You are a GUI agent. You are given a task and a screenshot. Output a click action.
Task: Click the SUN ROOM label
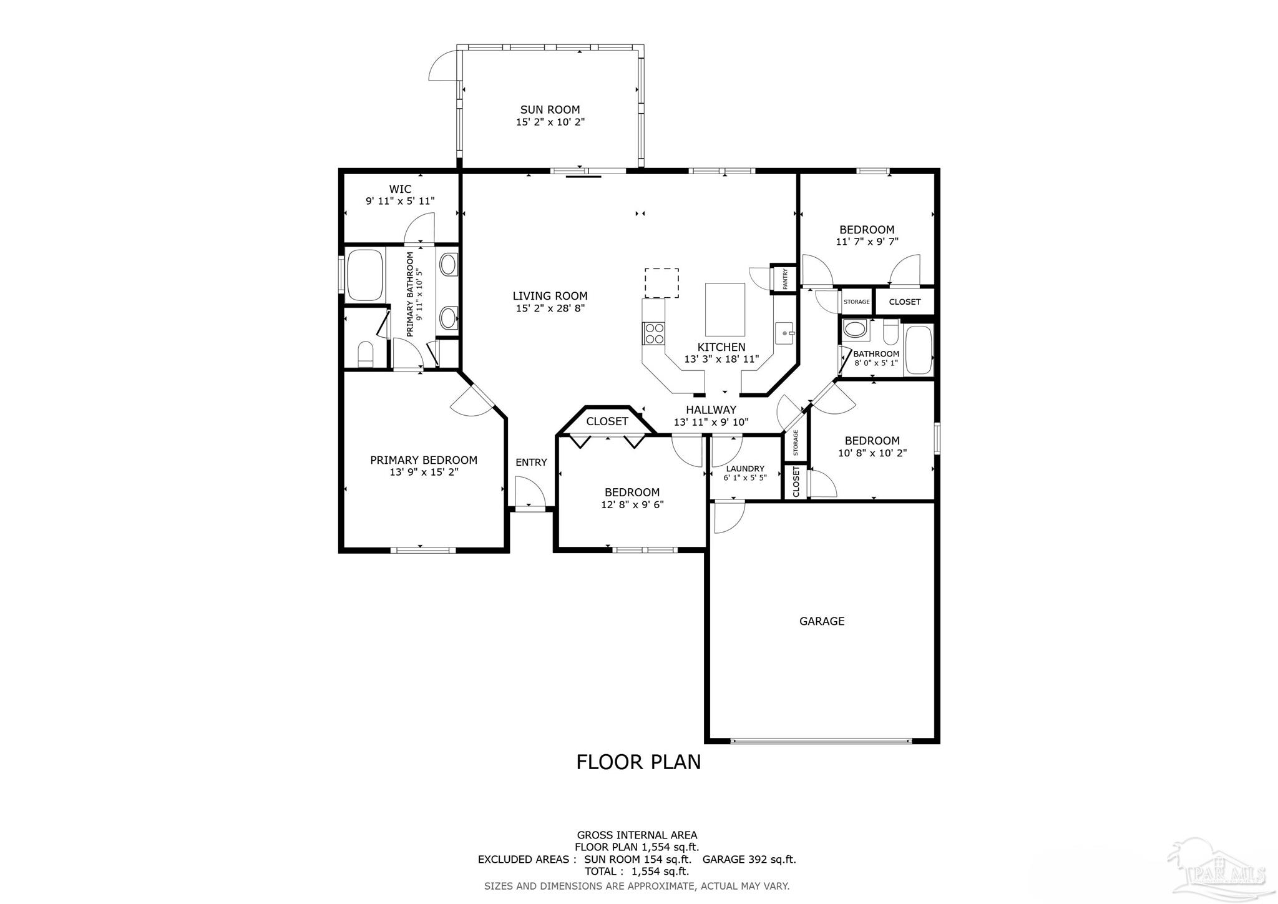click(550, 110)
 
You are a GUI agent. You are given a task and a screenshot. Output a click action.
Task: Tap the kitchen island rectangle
click(724, 310)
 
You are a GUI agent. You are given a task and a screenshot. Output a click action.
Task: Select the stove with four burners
click(654, 333)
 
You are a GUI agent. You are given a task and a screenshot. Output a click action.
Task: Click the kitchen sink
click(784, 333)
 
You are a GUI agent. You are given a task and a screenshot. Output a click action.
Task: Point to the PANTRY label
click(785, 278)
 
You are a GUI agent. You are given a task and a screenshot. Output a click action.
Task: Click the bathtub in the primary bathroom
click(365, 275)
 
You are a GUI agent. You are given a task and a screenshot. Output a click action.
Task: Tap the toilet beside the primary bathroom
click(365, 353)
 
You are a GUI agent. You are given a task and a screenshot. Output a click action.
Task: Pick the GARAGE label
click(821, 621)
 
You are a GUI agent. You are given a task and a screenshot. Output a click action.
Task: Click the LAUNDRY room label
click(745, 469)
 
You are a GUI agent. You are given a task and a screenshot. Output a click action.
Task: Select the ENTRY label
click(531, 463)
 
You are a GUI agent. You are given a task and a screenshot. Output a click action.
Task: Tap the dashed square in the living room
click(661, 283)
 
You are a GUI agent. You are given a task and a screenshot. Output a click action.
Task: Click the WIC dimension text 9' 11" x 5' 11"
click(399, 201)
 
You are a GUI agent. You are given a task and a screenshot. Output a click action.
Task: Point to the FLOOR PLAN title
click(638, 762)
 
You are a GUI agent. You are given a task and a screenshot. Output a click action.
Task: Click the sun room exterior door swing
click(443, 65)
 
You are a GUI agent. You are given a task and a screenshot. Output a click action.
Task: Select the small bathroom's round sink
click(852, 329)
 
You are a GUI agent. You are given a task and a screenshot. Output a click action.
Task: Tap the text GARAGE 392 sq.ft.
click(749, 859)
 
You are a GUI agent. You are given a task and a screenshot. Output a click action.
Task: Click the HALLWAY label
click(711, 410)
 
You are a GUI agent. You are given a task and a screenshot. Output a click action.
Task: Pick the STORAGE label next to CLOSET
click(856, 302)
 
